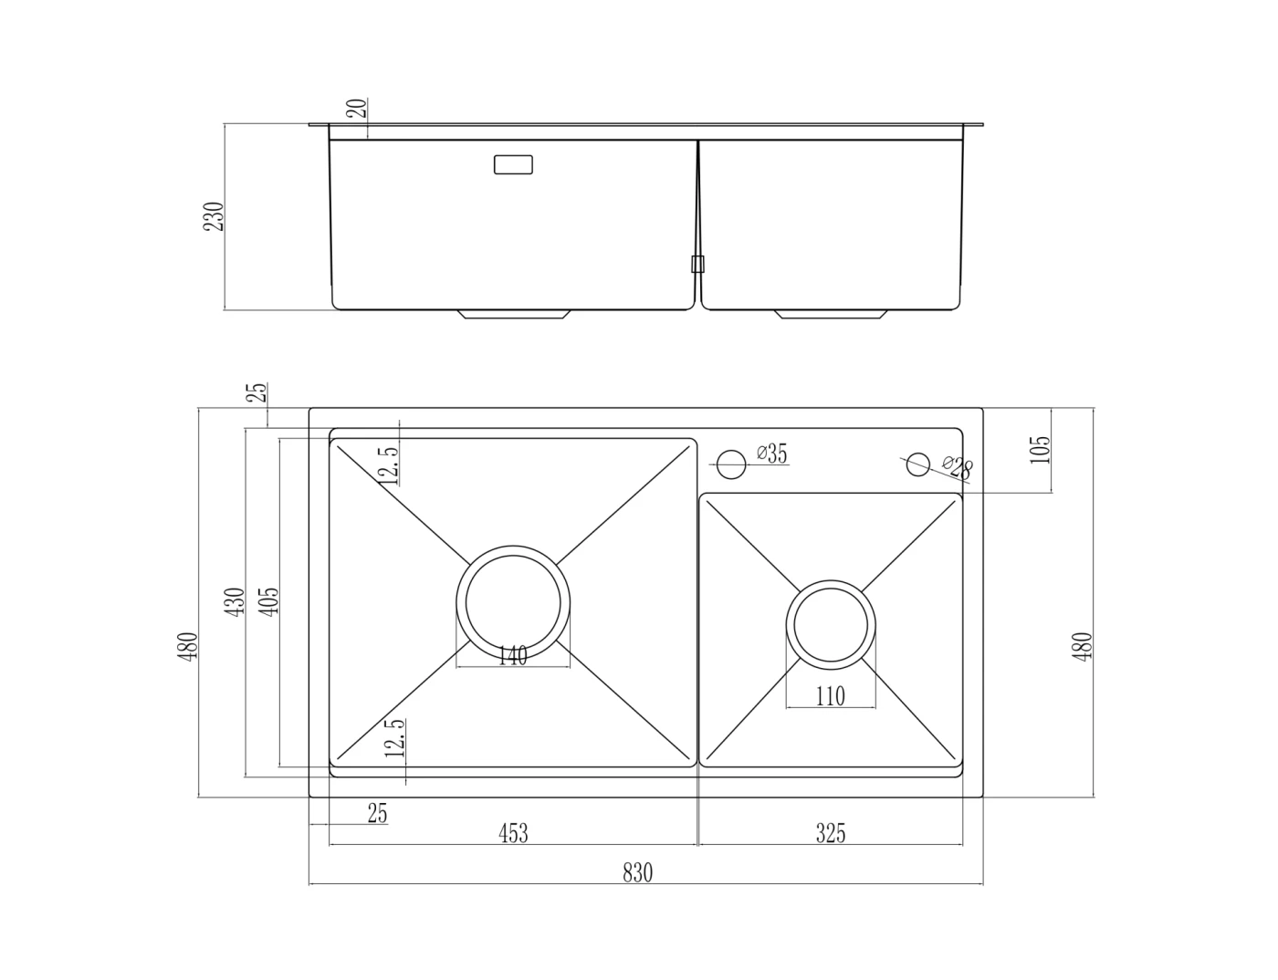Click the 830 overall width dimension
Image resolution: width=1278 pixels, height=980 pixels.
coord(637,873)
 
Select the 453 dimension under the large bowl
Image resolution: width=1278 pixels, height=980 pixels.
coord(513,833)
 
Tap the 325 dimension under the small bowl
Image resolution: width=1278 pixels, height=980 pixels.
coord(830,833)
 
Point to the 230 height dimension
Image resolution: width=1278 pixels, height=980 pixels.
coord(214,216)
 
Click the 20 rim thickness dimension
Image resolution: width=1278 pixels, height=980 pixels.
coord(358,109)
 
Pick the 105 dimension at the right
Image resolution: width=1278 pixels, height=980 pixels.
coord(1041,450)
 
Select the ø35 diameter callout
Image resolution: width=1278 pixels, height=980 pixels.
coord(771,454)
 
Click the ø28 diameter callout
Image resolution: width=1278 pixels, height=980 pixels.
coord(956,467)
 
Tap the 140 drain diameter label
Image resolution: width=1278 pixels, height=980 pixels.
coord(513,655)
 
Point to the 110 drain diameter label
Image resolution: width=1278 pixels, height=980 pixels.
coord(830,696)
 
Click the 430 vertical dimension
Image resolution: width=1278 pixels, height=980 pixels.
coord(235,602)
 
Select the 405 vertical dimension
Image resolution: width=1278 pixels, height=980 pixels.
coord(268,602)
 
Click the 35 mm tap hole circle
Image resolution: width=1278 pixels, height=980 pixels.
coord(731,464)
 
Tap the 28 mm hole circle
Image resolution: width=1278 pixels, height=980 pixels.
coord(917,464)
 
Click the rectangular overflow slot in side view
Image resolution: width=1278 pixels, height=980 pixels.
coord(513,164)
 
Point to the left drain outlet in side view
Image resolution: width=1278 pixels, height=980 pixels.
coord(514,315)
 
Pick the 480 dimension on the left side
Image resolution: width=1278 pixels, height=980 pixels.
coord(189,646)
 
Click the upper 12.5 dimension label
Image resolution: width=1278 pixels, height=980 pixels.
coord(390,464)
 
